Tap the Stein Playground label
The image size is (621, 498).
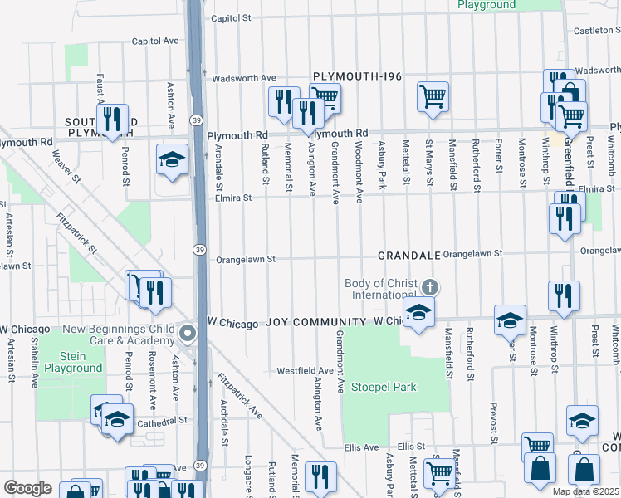[x=69, y=363]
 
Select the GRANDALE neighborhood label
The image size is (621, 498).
[x=408, y=256]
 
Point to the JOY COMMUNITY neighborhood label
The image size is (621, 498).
[x=315, y=321]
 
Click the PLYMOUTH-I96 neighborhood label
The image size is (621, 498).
[x=357, y=77]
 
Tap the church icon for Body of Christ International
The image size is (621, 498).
[x=429, y=288]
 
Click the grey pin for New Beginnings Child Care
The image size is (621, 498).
[x=188, y=334]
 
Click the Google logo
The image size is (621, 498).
[x=27, y=488]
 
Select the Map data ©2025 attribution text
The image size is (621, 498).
[x=586, y=491]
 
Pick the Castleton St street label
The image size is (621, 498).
[x=597, y=31]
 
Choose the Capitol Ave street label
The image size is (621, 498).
[x=155, y=40]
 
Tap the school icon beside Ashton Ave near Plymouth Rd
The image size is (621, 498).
[x=173, y=159]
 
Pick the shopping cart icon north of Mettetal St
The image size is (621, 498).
[x=433, y=96]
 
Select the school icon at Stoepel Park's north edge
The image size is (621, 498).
[x=418, y=313]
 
